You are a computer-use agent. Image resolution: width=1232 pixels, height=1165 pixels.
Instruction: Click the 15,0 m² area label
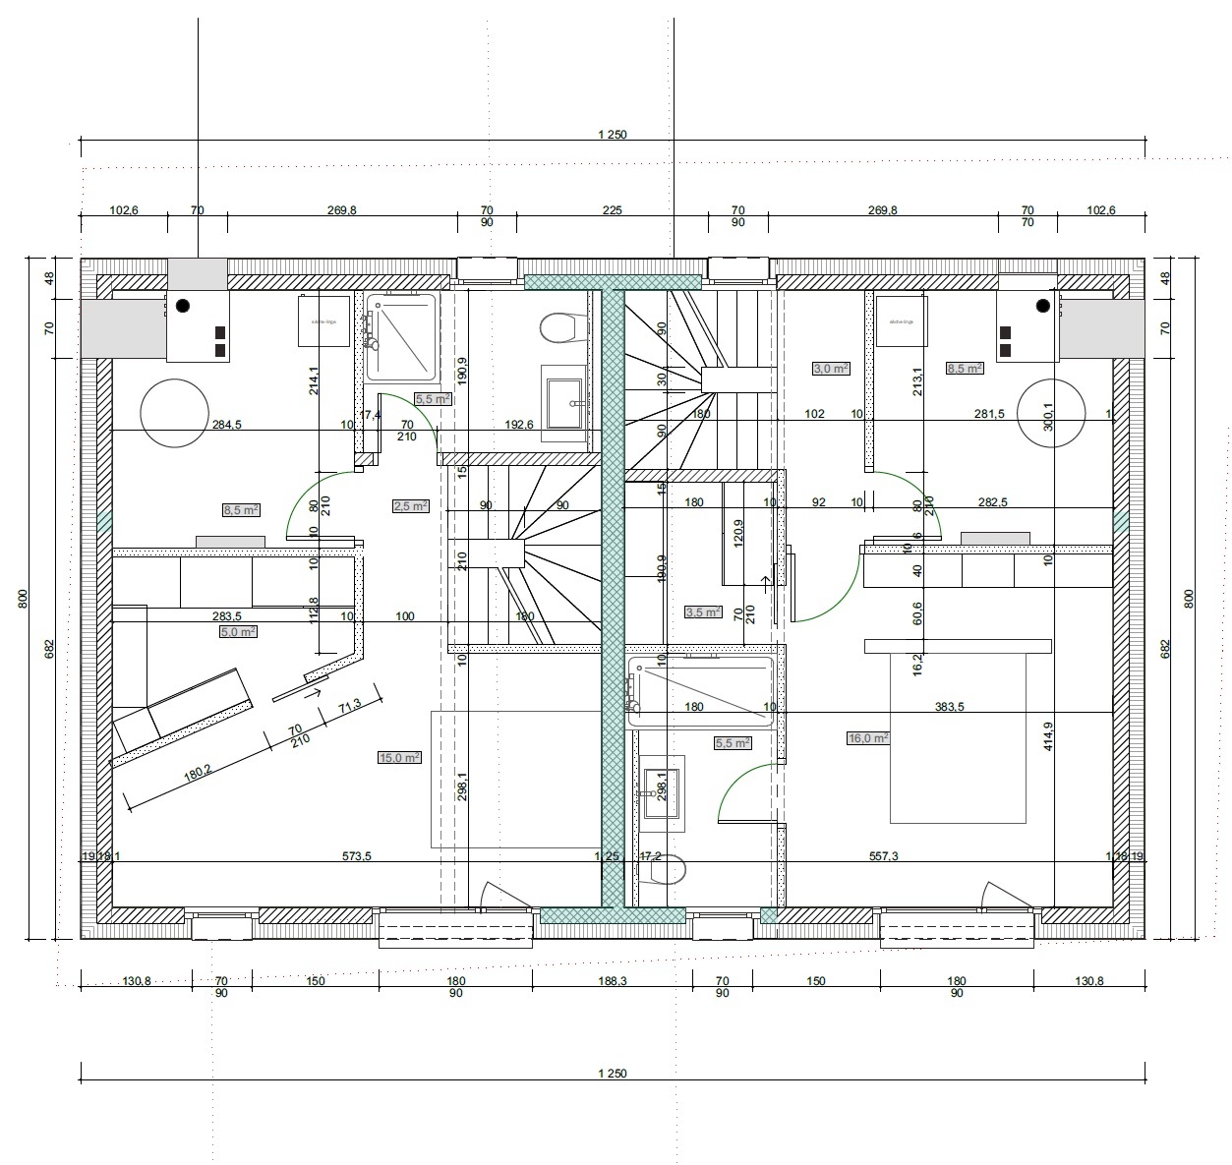point(399,758)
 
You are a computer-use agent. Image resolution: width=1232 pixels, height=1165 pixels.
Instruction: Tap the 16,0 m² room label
point(868,738)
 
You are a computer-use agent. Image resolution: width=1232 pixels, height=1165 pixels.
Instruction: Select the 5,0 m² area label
point(238,632)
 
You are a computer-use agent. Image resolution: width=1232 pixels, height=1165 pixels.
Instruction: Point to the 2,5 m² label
point(410,506)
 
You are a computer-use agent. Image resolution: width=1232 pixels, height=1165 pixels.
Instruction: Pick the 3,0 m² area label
point(830,369)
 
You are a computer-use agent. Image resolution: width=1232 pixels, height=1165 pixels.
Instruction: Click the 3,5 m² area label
point(702,612)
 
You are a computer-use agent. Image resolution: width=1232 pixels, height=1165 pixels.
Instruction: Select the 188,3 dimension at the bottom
point(612,981)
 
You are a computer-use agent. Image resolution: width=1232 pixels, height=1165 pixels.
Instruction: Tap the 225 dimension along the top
point(612,210)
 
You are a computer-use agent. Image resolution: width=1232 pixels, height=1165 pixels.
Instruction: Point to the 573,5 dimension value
point(356,856)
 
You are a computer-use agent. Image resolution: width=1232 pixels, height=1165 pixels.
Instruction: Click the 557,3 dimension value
point(883,856)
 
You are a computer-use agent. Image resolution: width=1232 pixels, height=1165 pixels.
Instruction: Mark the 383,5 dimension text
point(948,707)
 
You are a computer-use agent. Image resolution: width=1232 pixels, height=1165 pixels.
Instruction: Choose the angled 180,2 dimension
point(198,773)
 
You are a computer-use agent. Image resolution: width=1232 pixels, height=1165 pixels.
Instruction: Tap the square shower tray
point(400,337)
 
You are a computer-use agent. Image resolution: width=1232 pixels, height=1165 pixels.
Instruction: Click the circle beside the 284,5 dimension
point(175,414)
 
